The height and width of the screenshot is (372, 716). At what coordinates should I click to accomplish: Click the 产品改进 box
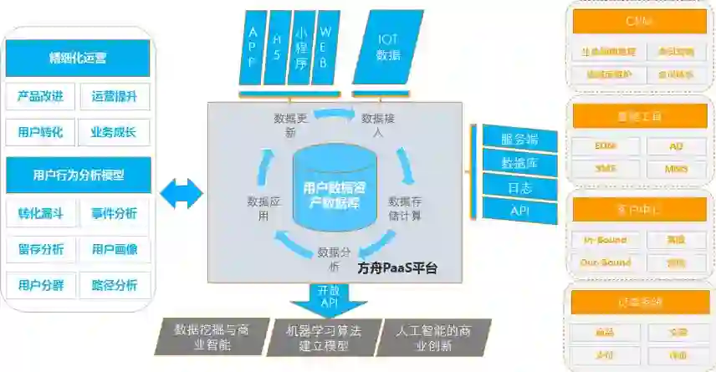[x=41, y=96]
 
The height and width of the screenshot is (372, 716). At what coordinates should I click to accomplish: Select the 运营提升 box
[x=115, y=96]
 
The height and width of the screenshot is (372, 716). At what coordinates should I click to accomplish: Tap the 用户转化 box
[x=41, y=131]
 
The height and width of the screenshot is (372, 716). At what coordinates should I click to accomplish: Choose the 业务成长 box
[x=115, y=131]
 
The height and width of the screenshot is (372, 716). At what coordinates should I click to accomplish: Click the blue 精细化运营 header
[x=78, y=58]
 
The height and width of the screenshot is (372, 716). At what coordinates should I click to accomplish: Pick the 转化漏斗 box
[x=41, y=213]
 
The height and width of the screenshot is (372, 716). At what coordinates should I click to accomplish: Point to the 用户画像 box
[x=115, y=249]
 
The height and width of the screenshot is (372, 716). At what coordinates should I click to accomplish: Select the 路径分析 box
[x=115, y=285]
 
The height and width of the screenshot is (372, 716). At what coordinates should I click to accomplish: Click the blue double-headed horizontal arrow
[x=182, y=194]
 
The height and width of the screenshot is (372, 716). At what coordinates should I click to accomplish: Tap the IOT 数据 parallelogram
[x=387, y=47]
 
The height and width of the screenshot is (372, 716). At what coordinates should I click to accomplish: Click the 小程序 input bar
[x=302, y=47]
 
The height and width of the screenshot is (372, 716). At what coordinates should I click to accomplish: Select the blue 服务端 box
[x=519, y=138]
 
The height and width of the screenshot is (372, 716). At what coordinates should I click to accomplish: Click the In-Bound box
[x=605, y=241]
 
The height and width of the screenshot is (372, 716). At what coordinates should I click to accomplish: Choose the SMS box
[x=605, y=168]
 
